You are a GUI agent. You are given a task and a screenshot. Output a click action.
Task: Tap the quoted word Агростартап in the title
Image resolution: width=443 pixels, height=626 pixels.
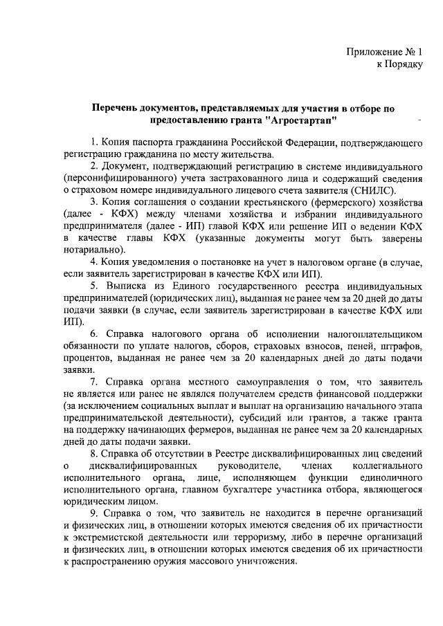pyautogui.click(x=306, y=120)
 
